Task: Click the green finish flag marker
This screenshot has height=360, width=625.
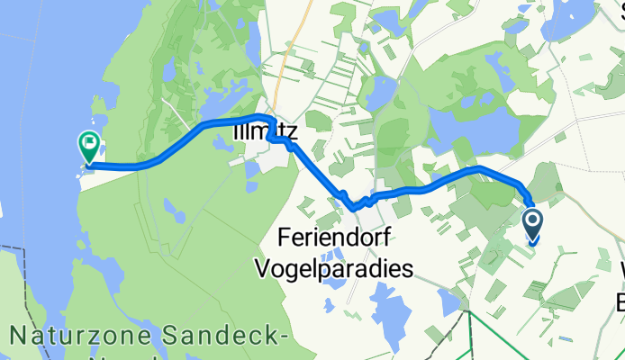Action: tap(89, 145)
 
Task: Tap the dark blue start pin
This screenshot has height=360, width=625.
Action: tap(532, 224)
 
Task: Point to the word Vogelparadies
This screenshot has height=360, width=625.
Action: tap(335, 268)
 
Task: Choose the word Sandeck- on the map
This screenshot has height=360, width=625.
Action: tap(226, 337)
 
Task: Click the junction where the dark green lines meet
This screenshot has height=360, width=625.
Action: tap(469, 310)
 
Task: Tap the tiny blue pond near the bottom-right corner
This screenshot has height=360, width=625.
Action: tap(566, 339)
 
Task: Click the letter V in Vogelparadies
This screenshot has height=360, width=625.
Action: tap(265, 268)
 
